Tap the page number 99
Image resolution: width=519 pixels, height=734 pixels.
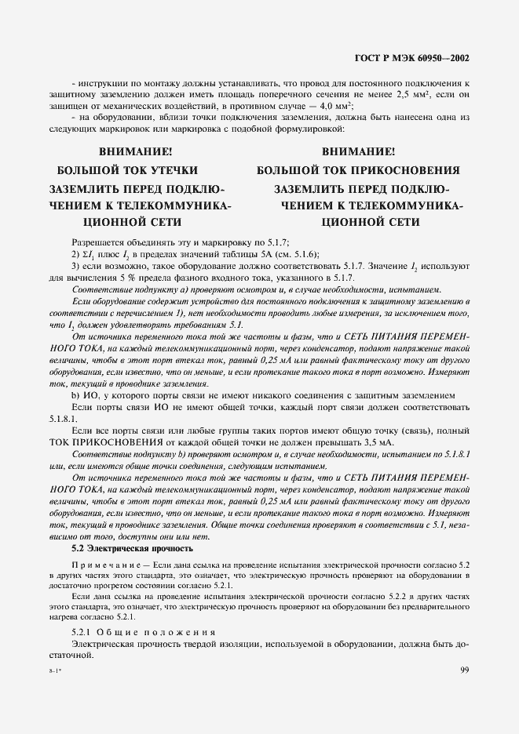click(x=465, y=669)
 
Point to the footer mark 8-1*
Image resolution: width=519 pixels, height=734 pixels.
click(x=53, y=671)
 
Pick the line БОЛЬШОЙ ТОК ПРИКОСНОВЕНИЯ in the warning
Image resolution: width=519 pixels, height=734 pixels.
click(x=358, y=170)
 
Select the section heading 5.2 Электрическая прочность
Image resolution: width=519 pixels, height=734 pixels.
click(x=132, y=548)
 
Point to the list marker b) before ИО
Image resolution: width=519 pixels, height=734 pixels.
click(x=76, y=396)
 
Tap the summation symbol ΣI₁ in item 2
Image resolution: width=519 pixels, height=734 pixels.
click(x=90, y=255)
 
